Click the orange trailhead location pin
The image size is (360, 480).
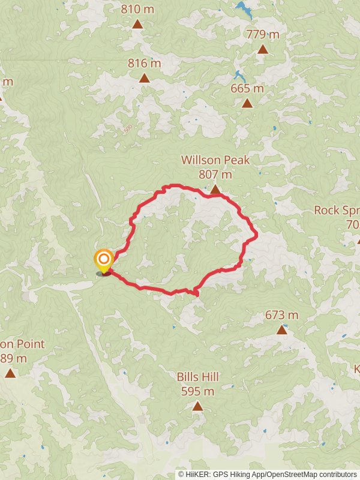104,260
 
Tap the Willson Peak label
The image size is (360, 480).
215,160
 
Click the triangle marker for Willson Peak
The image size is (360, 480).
215,190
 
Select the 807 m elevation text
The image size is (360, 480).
215,175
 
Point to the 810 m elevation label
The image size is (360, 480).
137,9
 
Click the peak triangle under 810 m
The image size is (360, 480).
137,24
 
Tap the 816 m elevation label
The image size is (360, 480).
145,63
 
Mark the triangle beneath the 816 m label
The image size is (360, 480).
145,78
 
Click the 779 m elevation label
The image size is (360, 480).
263,34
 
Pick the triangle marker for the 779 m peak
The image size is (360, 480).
263,49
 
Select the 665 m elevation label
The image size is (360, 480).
247,88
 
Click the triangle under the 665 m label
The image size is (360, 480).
247,103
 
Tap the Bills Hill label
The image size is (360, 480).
197,377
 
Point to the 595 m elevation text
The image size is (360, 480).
197,391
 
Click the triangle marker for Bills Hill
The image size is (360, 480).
197,406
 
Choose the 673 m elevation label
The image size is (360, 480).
282,314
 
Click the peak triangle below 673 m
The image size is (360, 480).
282,329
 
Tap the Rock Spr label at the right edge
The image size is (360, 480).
337,211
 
